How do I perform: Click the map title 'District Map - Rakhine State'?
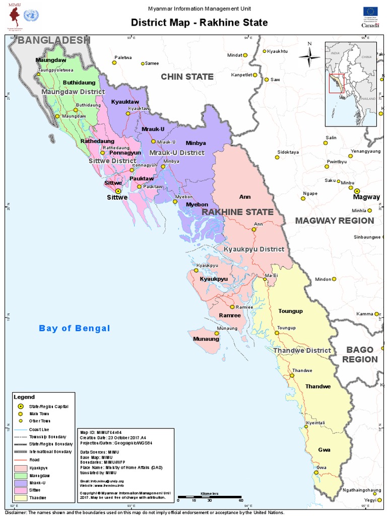(x=199, y=23)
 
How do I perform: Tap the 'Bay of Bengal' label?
(x=75, y=329)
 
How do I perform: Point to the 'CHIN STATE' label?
(x=187, y=77)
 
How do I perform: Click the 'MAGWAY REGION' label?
(x=335, y=221)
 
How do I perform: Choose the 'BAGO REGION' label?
(x=360, y=355)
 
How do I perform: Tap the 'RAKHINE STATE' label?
(x=238, y=212)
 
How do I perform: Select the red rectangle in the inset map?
(x=336, y=84)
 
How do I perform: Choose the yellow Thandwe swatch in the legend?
(x=20, y=497)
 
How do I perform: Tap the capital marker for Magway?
(x=357, y=191)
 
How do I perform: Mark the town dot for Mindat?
(x=245, y=55)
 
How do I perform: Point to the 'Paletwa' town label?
(x=123, y=57)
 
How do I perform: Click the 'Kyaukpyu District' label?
(x=254, y=249)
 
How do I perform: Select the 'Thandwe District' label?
(x=302, y=350)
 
